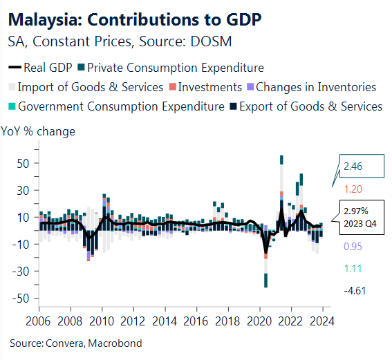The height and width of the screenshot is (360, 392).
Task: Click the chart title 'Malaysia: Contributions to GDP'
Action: (x=135, y=19)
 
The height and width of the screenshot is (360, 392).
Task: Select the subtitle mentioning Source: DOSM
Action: (x=119, y=42)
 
